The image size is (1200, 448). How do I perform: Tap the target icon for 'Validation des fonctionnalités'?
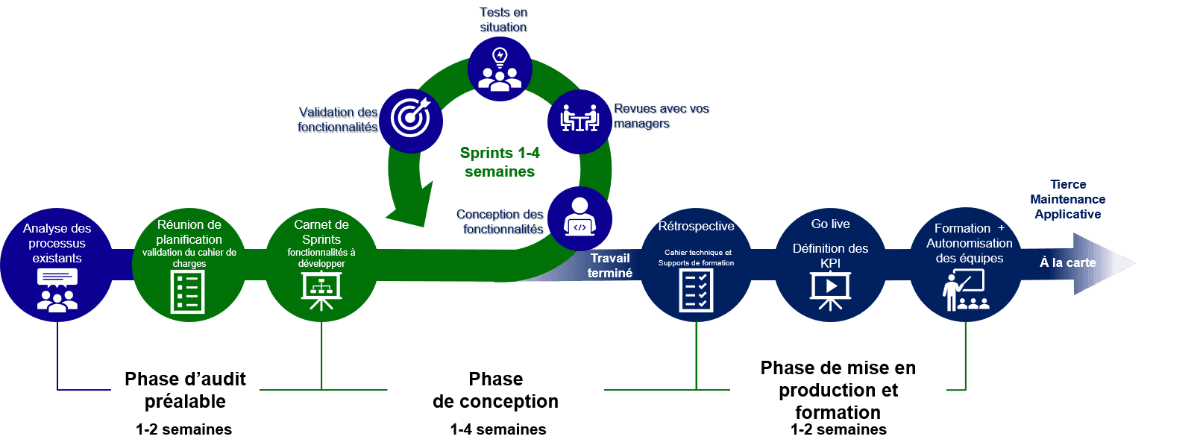coord(411,119)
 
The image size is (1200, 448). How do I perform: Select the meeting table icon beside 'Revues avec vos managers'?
coord(579,119)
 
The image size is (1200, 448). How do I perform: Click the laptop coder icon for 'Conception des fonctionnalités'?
coord(579,218)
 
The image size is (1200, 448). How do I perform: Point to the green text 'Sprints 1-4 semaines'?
coord(499,162)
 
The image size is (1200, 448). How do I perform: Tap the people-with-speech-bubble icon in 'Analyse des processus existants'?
coord(57,289)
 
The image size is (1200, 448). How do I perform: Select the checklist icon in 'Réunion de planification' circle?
coord(188,291)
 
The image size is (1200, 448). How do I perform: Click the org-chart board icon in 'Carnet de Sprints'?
coord(321,290)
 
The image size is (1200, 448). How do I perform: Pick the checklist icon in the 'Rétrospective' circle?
coord(696,290)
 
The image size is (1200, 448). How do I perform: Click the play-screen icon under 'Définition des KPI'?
coord(830,290)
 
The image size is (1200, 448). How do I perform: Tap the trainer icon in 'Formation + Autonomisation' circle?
coord(965,290)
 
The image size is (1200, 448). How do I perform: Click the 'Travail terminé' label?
coord(610,265)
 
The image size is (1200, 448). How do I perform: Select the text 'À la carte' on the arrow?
coord(1068,262)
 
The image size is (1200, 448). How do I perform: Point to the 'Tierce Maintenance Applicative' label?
coord(1068,199)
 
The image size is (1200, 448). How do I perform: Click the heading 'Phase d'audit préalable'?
coord(185,390)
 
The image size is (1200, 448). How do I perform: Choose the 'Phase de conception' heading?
coord(495,390)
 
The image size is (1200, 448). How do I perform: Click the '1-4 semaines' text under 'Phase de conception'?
coord(497,429)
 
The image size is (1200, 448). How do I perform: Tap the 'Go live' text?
coord(830,224)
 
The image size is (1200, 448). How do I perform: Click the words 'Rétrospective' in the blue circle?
coord(696,226)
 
